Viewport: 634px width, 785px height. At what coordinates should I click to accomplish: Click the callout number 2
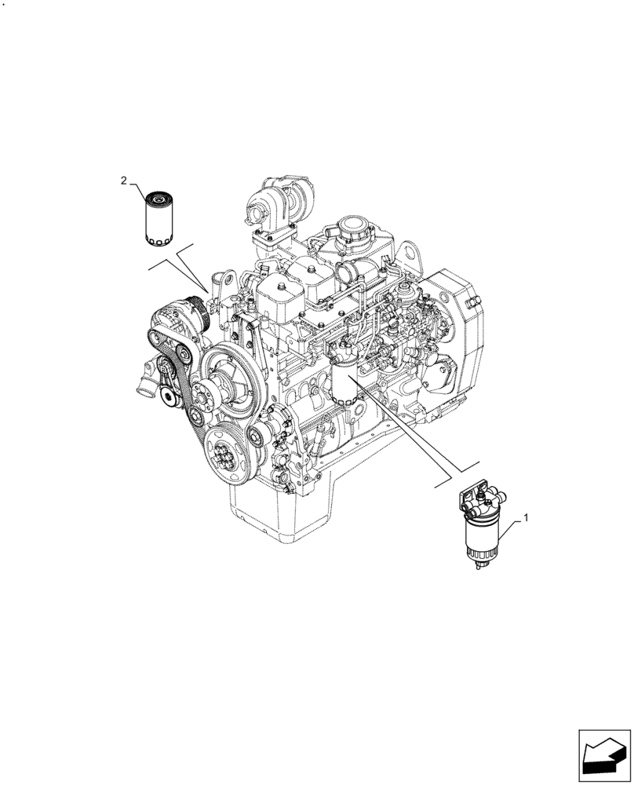pyautogui.click(x=124, y=181)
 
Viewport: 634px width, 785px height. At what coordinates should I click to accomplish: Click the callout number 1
pyautogui.click(x=526, y=518)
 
